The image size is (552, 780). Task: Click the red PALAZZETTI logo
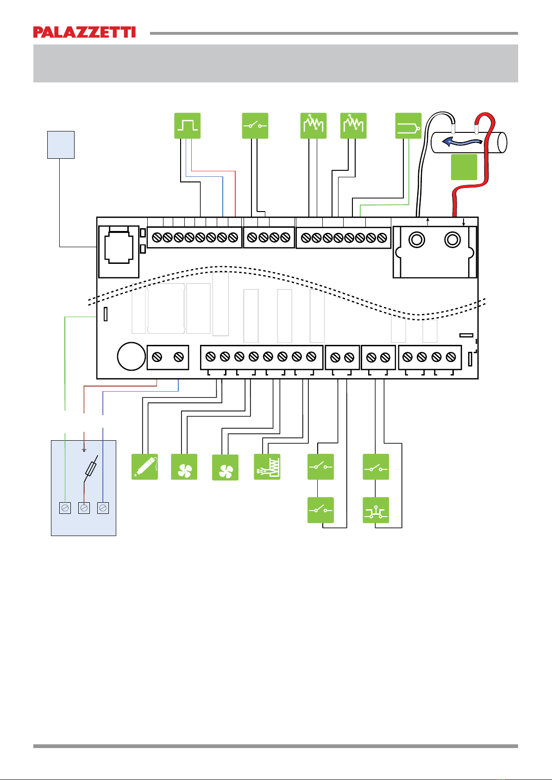[x=84, y=32]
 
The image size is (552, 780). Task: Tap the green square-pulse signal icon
[x=188, y=126]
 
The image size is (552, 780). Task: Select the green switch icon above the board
[x=255, y=126]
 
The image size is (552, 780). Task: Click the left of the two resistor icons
[x=314, y=126]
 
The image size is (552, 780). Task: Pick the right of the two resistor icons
[x=353, y=126]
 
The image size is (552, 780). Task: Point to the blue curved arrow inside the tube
[x=462, y=142]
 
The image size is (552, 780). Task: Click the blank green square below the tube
[x=464, y=167]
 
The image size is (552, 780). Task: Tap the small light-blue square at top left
[x=61, y=145]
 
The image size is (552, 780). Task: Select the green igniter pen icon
[x=144, y=467]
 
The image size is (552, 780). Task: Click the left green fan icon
[x=184, y=467]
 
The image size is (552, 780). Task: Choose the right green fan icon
[x=226, y=467]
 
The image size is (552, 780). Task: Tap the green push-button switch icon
[x=376, y=510]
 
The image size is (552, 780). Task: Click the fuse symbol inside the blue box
[x=91, y=469]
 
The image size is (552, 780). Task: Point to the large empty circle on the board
[x=132, y=356]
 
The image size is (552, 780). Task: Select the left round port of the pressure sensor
[x=416, y=240]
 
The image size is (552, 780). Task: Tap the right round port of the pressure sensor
[x=452, y=240]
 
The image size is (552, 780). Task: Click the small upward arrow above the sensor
[x=428, y=221]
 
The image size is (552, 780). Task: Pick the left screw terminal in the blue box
[x=65, y=508]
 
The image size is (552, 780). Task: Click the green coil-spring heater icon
[x=267, y=467]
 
